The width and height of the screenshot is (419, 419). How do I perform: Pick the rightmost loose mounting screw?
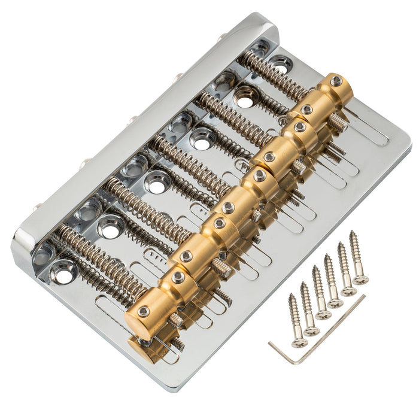358,257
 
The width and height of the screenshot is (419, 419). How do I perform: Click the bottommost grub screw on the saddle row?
144,311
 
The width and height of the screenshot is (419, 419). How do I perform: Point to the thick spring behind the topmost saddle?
272,75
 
